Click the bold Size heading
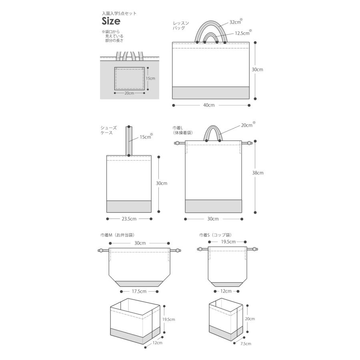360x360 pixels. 111,21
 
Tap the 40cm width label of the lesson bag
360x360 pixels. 209,105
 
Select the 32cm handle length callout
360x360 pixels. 235,22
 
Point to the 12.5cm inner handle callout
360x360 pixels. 242,33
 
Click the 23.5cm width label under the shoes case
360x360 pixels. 129,219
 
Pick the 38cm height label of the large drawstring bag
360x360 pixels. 258,173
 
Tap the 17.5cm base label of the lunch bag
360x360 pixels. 139,291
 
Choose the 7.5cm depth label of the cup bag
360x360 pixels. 246,344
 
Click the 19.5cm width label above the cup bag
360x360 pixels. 228,242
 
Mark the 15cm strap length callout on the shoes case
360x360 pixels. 145,137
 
